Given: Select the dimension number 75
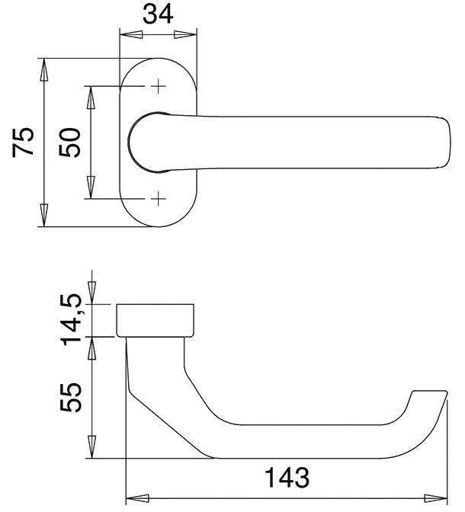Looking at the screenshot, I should click(24, 141).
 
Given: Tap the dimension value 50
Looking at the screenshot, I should click(70, 142).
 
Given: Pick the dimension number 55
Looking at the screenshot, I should click(70, 397).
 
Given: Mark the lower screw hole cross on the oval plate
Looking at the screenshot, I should click(159, 200).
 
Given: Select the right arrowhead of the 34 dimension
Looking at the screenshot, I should click(186, 34).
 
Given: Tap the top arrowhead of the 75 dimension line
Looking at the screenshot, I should click(44, 69).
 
